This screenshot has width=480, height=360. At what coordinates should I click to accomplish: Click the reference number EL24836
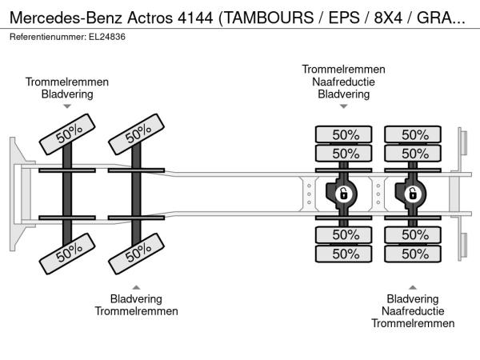click(x=107, y=37)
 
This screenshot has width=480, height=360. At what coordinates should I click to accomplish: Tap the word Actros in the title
click(x=150, y=18)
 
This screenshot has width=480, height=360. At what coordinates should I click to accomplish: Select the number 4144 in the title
click(x=195, y=18)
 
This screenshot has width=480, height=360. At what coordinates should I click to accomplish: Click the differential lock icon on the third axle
click(x=344, y=194)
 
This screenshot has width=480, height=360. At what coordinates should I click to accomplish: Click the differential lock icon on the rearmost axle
click(x=413, y=194)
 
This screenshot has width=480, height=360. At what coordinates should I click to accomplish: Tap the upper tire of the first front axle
click(x=67, y=134)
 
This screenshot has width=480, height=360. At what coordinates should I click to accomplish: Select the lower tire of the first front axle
click(x=67, y=254)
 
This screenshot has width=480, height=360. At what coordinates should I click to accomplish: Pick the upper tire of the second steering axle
click(x=137, y=134)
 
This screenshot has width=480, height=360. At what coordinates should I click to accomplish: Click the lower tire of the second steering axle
click(x=137, y=254)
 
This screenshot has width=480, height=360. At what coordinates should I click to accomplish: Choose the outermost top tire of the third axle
click(x=344, y=134)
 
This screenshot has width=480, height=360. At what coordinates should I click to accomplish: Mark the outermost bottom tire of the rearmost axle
click(x=413, y=254)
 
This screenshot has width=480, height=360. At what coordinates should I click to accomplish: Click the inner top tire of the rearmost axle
click(x=413, y=153)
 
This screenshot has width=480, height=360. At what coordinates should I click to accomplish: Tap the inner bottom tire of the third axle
click(x=344, y=234)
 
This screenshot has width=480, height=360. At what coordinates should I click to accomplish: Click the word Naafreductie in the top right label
click(x=343, y=82)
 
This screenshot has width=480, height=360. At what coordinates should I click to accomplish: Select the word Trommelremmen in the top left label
click(x=67, y=82)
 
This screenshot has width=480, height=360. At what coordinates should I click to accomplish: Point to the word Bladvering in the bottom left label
click(x=136, y=298)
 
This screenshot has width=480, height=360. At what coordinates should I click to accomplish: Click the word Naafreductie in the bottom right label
click(x=413, y=311)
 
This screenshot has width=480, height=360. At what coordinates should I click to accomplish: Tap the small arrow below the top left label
click(x=67, y=106)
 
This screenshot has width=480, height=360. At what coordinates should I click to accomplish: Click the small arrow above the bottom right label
click(x=413, y=287)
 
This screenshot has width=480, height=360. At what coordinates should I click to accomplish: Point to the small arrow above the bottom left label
click(x=136, y=287)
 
